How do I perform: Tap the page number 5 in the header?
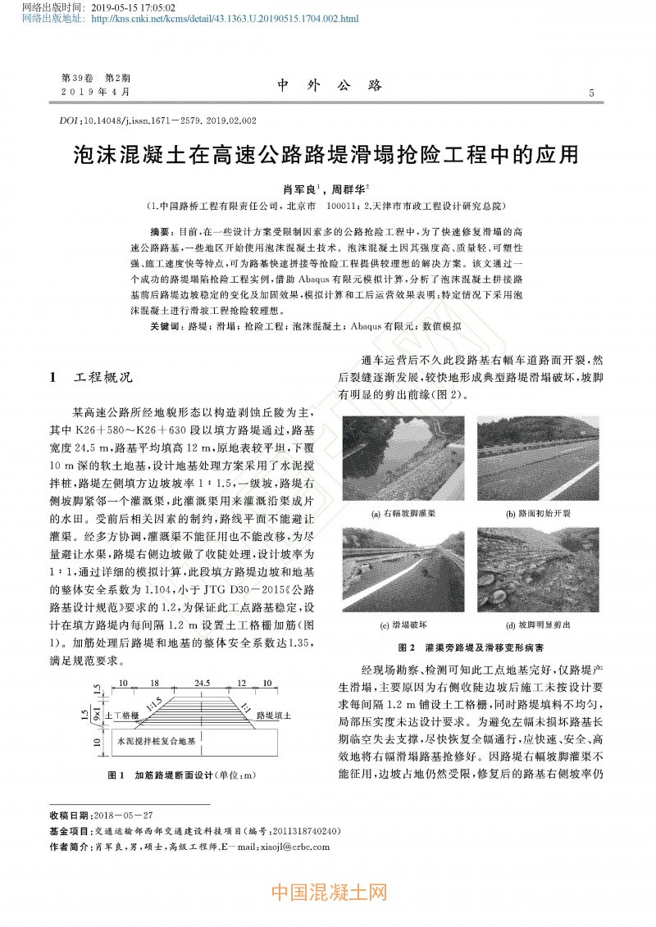[x=591, y=93]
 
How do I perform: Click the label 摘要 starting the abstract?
[x=162, y=233]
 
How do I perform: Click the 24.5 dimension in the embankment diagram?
[x=201, y=682]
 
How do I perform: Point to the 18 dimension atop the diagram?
[x=154, y=682]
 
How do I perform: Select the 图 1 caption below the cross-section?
[x=183, y=775]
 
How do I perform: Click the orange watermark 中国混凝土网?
[x=328, y=892]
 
